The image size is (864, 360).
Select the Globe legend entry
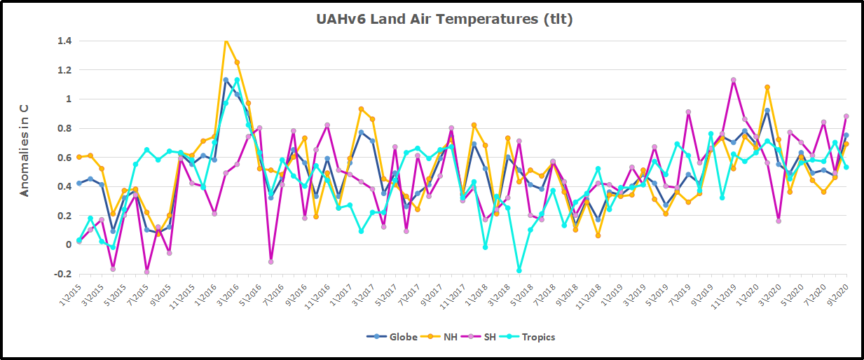coord(397,337)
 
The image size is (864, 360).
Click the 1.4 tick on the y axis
coord(64,41)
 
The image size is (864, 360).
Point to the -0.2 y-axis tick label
coord(63,274)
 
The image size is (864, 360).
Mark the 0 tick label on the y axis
coord(68,244)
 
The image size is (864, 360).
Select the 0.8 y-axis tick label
coord(64,128)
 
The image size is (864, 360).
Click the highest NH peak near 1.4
coord(226,41)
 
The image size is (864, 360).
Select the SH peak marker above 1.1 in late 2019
coord(734,80)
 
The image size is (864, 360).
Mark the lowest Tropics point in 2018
coord(519,270)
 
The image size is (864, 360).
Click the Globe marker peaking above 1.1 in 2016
coord(226,80)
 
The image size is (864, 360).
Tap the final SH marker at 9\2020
coord(846,116)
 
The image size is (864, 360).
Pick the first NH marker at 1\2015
coord(79,157)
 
